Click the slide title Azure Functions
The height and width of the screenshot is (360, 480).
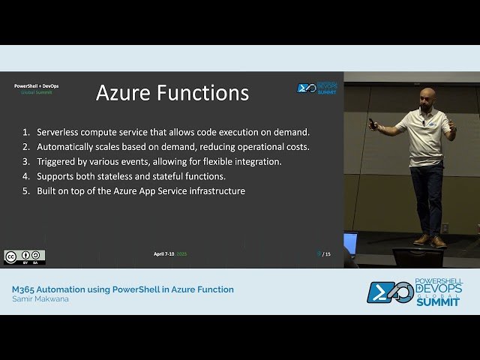pyautogui.click(x=172, y=93)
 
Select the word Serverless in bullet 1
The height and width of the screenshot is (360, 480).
pyautogui.click(x=61, y=131)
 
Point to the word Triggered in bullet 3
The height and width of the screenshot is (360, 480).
pyautogui.click(x=57, y=161)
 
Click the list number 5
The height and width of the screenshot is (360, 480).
pyautogui.click(x=26, y=191)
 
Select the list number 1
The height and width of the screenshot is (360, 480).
pyautogui.click(x=26, y=131)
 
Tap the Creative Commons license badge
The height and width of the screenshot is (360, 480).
pyautogui.click(x=24, y=257)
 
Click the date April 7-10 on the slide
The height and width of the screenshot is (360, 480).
pyautogui.click(x=163, y=254)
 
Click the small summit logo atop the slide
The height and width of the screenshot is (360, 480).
pyautogui.click(x=317, y=88)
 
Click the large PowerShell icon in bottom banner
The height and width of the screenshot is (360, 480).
pyautogui.click(x=388, y=292)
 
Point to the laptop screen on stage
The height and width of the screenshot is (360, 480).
pyautogui.click(x=350, y=243)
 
